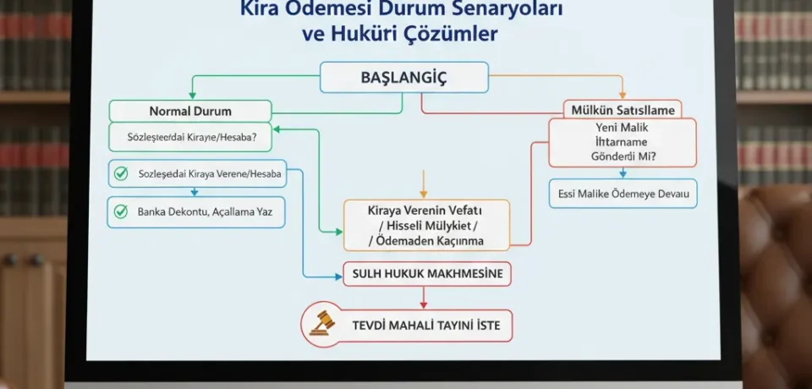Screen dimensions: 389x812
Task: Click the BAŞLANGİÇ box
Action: pyautogui.click(x=403, y=78)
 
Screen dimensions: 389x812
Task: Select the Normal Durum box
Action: pyautogui.click(x=190, y=111)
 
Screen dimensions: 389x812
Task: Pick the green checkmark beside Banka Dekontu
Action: pyautogui.click(x=121, y=211)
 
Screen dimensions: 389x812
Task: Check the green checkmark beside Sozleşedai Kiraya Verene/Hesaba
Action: pyautogui.click(x=121, y=173)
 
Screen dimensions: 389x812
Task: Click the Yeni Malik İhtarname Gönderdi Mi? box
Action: pyautogui.click(x=622, y=142)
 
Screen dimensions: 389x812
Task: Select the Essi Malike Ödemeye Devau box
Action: pyautogui.click(x=623, y=194)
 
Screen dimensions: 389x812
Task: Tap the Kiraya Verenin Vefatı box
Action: pyautogui.click(x=426, y=225)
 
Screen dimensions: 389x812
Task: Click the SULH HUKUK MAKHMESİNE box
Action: pyautogui.click(x=427, y=274)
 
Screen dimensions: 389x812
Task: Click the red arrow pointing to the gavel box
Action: pyautogui.click(x=424, y=298)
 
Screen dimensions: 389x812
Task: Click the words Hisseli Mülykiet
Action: pyautogui.click(x=426, y=225)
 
